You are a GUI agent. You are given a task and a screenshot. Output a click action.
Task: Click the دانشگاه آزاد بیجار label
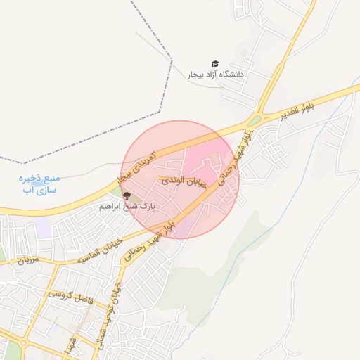pyautogui.click(x=215, y=74)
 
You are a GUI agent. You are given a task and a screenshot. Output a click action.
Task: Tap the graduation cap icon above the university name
pyautogui.click(x=215, y=64)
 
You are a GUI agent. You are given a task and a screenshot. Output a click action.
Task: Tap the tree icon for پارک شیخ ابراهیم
pyautogui.click(x=127, y=196)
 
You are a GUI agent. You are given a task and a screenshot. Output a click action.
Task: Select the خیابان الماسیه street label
pyautogui.click(x=101, y=248)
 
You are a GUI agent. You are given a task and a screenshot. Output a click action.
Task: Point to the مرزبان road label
pyautogui.click(x=26, y=259)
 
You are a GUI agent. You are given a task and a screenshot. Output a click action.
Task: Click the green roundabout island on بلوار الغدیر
pyautogui.click(x=255, y=120)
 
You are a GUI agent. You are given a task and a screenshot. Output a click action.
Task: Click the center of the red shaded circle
pyautogui.click(x=181, y=179)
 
